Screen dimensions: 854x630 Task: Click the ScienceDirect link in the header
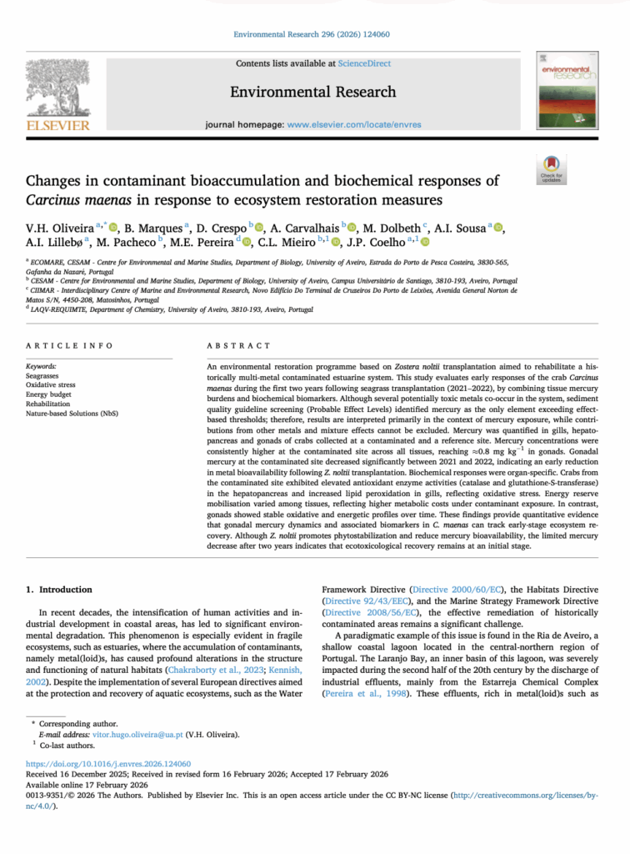364,63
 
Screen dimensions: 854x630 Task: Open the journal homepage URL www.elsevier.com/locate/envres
354,124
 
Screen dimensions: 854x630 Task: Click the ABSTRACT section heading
238,345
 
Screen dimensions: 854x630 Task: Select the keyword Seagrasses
42,376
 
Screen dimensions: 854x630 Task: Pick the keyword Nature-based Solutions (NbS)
71,413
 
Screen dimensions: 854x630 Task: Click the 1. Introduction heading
54,590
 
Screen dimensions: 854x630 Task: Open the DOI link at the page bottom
108,763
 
